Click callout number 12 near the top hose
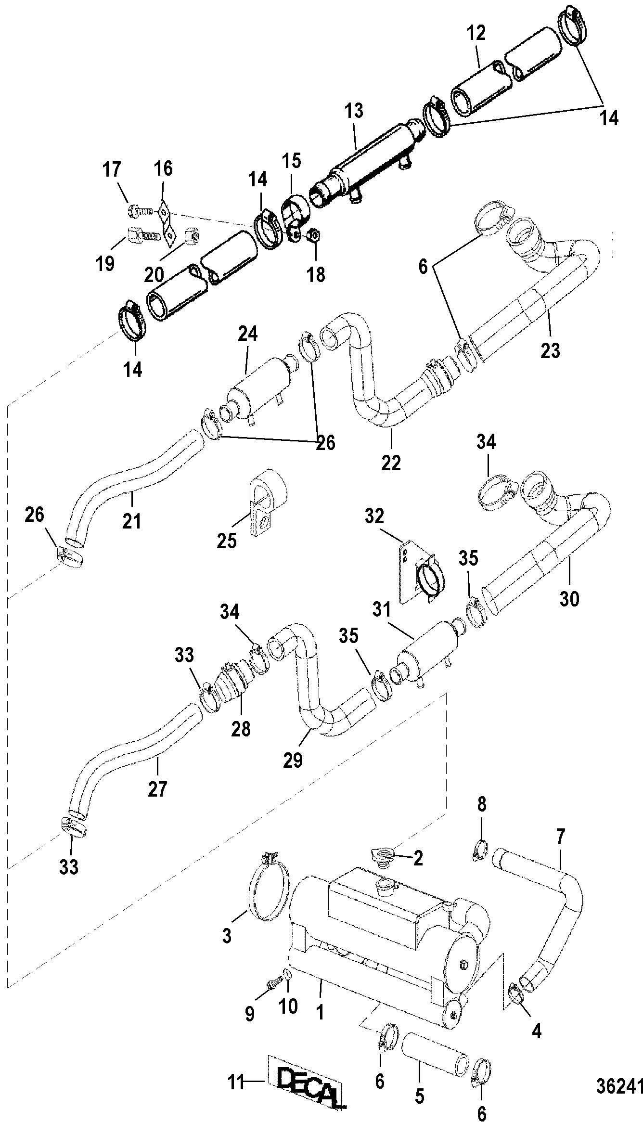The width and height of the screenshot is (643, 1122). coord(476,33)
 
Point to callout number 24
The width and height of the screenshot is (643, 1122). coord(247,334)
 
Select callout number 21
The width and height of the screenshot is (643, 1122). coord(132,521)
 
